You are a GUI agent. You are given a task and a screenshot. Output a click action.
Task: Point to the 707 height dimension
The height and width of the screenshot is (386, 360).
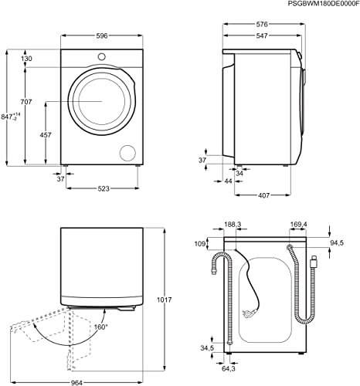[x=27, y=103]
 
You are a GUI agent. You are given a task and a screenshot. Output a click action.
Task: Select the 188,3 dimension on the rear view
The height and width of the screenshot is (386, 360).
[x=233, y=225]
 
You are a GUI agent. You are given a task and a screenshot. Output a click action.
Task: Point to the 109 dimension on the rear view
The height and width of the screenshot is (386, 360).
[x=200, y=245]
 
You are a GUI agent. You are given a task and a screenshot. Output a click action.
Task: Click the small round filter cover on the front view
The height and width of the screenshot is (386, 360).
[x=126, y=151]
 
